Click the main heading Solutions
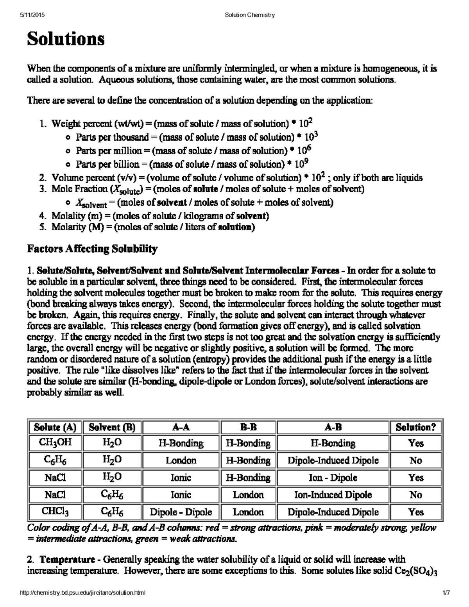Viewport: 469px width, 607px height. pos(65,39)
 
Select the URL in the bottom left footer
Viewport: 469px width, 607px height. pos(82,593)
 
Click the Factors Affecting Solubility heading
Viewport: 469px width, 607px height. pos(92,249)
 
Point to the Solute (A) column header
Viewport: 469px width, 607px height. pos(55,427)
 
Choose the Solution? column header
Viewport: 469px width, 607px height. pos(415,427)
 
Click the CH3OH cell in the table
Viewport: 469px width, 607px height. pos(55,443)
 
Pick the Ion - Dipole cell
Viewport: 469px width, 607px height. pos(333,478)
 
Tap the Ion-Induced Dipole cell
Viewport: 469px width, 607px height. pos(333,495)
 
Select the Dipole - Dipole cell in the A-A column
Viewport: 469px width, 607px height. pos(181,512)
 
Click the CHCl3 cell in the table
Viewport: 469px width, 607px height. pos(55,512)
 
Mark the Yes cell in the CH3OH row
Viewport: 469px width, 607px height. pos(415,443)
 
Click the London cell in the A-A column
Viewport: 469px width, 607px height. pos(181,460)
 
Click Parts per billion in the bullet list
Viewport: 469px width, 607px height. pos(107,164)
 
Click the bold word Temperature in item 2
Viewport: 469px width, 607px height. pos(67,560)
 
